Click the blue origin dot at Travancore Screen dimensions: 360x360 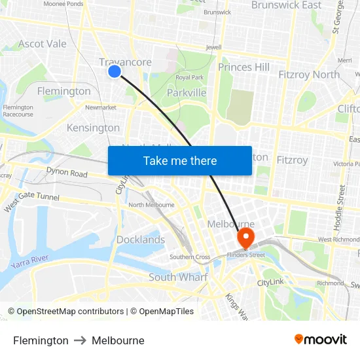coord(115,71)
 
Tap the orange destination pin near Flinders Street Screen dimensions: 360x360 coord(247,237)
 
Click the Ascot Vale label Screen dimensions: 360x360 coord(43,44)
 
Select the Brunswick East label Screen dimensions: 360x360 coord(286,5)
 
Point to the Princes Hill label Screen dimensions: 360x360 coord(243,67)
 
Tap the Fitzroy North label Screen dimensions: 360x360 coord(309,75)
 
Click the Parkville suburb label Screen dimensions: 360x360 coord(187,93)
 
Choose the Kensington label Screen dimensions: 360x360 coord(94,128)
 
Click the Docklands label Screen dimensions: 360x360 coord(141,240)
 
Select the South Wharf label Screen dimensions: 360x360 coord(178,277)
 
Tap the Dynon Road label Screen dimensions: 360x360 coord(67,173)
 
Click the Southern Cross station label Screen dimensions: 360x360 coord(190,257)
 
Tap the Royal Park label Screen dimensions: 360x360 coord(189,78)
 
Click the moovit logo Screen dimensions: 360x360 coord(321,339)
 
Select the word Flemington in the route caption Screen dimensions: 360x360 coord(41,340)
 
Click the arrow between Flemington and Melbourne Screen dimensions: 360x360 coord(80,340)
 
